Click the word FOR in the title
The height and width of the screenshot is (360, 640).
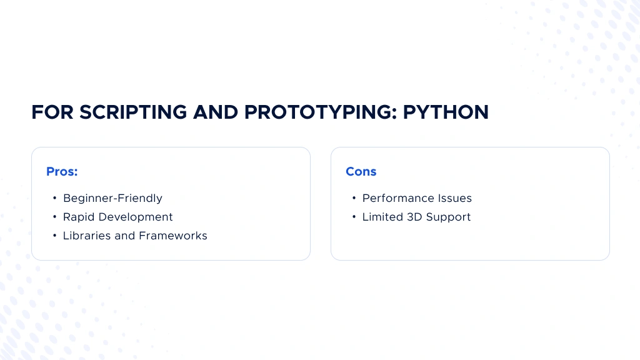coord(51,112)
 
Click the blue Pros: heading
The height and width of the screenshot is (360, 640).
coord(62,172)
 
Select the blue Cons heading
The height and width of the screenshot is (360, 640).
coord(361,172)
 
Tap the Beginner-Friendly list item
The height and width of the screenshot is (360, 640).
coord(112,198)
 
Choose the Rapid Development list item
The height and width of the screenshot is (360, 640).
coord(117,217)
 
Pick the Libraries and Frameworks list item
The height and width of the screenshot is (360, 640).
coord(135,236)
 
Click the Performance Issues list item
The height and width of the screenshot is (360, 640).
coord(417,198)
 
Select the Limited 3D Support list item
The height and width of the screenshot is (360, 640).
coord(416,217)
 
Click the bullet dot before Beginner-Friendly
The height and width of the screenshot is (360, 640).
coord(54,198)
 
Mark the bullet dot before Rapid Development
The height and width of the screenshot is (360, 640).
coord(54,217)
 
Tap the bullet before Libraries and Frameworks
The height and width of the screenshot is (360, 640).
coord(54,236)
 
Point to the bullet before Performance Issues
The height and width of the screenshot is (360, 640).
coord(354,198)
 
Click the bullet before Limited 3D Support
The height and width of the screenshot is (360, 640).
coord(354,217)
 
